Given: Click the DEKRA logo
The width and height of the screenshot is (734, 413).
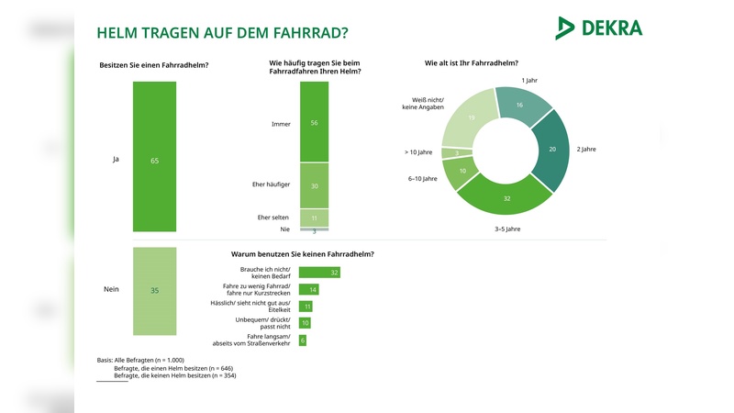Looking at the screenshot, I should click(598, 28).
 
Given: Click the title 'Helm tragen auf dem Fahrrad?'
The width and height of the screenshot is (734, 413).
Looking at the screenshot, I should click(222, 33).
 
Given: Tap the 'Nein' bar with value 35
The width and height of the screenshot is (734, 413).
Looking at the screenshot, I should click(154, 290).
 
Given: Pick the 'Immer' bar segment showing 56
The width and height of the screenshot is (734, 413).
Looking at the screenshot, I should click(314, 121).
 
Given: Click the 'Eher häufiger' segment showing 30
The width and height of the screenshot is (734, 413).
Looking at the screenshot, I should click(314, 185).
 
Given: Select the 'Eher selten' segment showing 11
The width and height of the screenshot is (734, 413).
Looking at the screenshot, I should click(314, 218).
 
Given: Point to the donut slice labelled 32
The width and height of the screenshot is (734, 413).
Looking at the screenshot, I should click(506, 194).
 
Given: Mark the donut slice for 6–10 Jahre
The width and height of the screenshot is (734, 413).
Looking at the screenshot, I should click(461, 171).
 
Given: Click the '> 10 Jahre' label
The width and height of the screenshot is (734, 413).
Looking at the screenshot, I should click(419, 152).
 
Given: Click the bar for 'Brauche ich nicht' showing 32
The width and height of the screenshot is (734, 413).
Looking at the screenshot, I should click(319, 273).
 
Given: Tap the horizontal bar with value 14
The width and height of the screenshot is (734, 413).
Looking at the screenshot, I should click(308, 289).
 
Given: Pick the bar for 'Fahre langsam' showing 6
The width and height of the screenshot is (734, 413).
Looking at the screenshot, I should click(303, 340).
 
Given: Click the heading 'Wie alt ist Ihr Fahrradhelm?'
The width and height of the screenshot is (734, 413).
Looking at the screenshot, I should click(471, 63).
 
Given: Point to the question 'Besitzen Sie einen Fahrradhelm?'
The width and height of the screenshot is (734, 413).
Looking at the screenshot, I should click(153, 65).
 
